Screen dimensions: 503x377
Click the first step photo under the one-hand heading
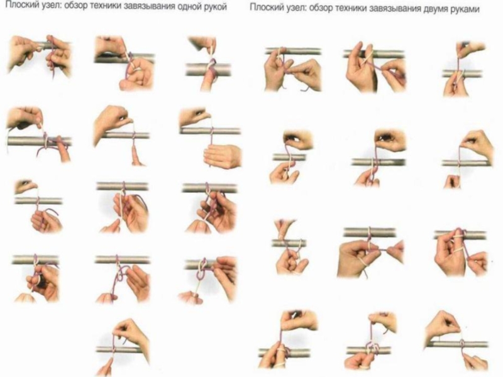pyautogui.click(x=39, y=57)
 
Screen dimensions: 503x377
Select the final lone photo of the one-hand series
pyautogui.click(x=123, y=347)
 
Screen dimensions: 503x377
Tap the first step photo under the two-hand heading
pyautogui.click(x=293, y=68)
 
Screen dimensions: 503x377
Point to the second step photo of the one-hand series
pyautogui.click(x=124, y=63)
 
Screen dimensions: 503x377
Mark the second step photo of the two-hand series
pyautogui.click(x=374, y=67)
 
